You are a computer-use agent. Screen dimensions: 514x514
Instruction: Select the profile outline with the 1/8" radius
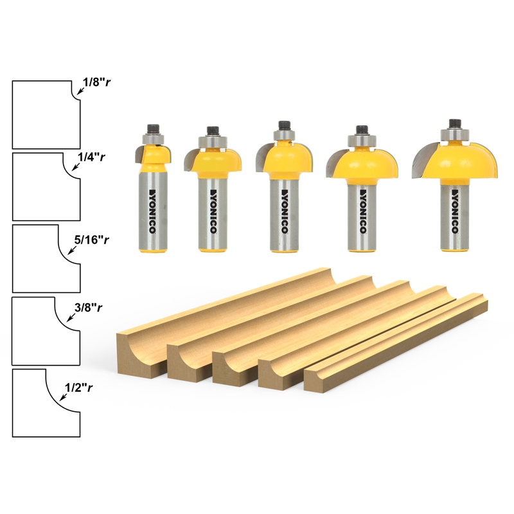[42, 114]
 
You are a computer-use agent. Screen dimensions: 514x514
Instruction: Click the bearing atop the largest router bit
[456, 134]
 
